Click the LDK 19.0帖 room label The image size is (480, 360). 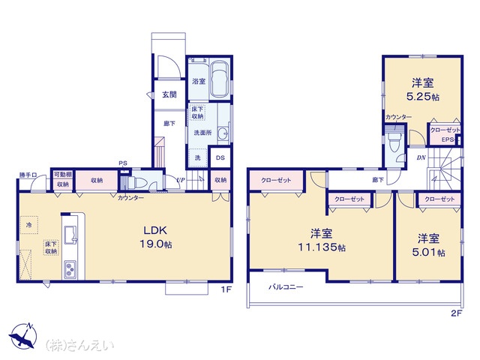click(155, 237)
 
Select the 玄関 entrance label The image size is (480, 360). click(169, 94)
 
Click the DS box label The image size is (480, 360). click(220, 157)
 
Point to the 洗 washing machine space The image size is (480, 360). click(198, 157)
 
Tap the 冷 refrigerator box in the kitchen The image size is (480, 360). click(29, 225)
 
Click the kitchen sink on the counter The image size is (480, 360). click(70, 235)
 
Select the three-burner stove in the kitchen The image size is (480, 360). click(70, 269)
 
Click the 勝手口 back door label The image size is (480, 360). click(28, 175)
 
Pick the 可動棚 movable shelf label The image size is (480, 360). click(63, 175)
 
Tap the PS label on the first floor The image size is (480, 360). click(123, 163)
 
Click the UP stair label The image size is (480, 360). click(181, 180)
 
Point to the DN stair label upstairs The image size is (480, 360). click(421, 158)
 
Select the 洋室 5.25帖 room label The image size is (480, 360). click(422, 90)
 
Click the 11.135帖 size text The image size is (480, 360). click(322, 247)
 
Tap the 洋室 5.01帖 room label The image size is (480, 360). click(428, 245)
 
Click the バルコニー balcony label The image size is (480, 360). click(286, 287)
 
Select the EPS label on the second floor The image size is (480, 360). click(448, 139)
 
